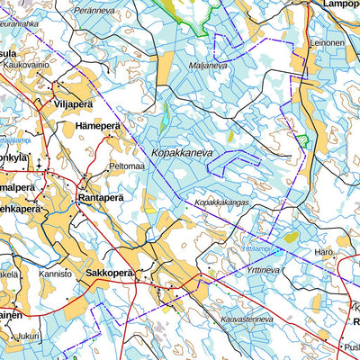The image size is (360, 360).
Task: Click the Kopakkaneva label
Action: point(183,154)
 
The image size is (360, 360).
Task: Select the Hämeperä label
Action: point(98,126)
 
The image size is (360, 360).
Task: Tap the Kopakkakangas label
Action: point(221,202)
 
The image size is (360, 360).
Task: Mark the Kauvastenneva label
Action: point(246,319)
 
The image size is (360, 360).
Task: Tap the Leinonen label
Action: point(327,42)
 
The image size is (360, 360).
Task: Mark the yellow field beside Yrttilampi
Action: point(291,238)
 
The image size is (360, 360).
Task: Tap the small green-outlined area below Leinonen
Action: point(305,141)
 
